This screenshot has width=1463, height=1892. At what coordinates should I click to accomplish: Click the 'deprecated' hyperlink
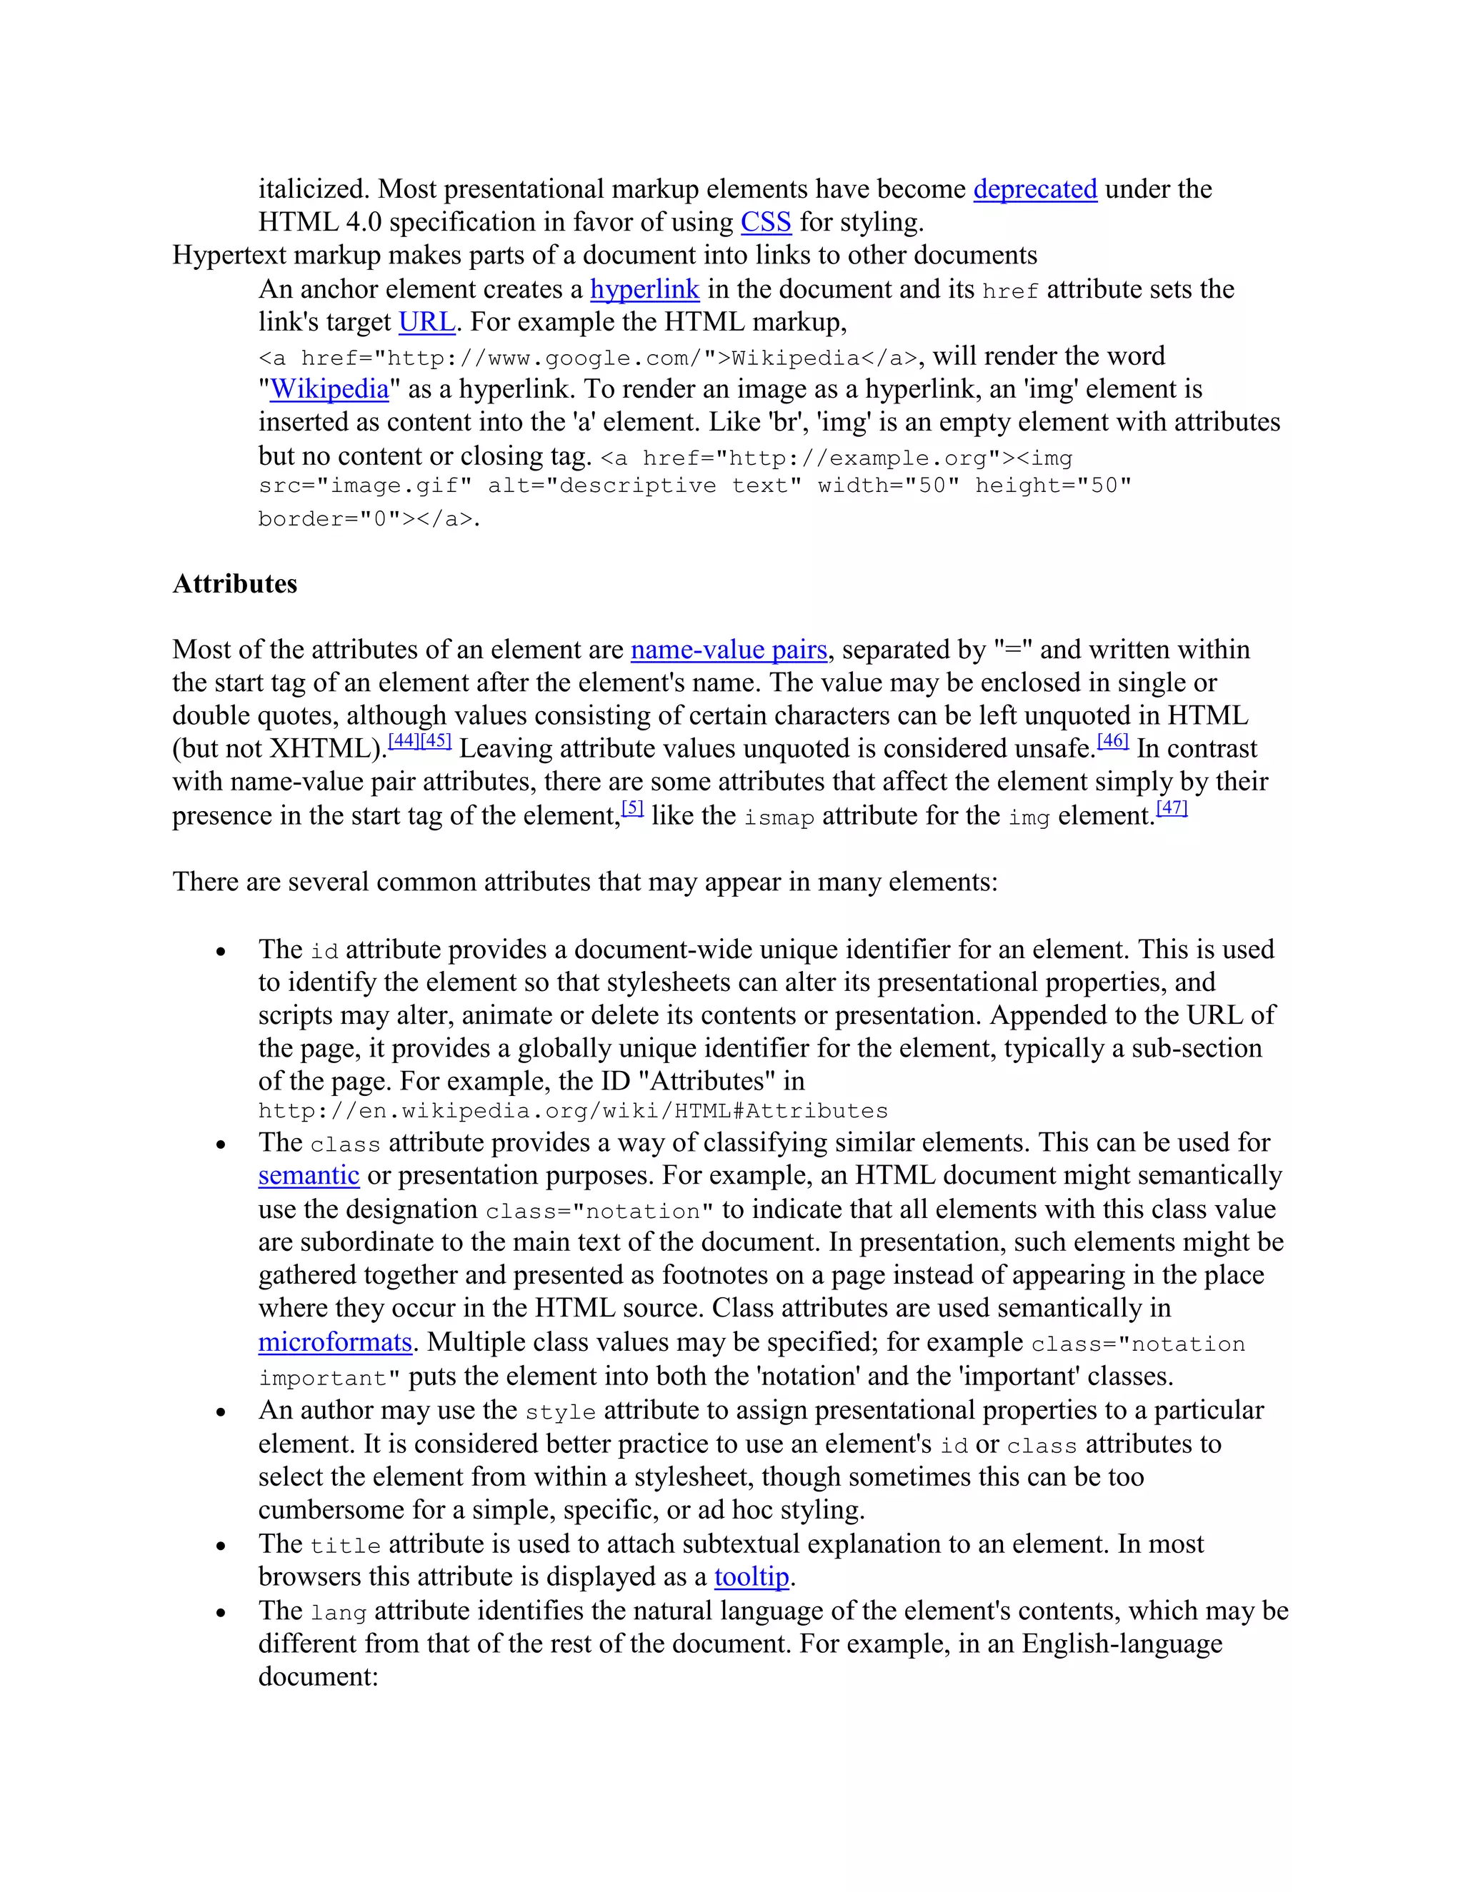1035,189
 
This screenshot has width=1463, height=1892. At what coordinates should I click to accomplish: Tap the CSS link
765,223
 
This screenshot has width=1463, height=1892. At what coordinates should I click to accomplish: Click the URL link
426,322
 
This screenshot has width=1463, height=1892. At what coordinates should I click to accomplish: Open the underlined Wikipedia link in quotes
329,389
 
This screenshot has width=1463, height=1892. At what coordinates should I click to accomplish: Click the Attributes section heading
235,584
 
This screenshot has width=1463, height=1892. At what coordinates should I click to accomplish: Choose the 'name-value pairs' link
729,650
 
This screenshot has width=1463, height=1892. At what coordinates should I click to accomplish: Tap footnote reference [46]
1113,742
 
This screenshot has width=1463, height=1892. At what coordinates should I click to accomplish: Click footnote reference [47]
1172,808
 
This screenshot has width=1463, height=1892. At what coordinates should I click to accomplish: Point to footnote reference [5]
633,808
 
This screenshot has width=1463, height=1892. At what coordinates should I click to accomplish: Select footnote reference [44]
404,742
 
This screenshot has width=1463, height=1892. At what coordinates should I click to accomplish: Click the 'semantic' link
309,1176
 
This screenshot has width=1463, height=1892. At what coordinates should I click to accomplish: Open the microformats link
334,1342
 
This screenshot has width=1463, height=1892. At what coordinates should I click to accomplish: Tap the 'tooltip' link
752,1576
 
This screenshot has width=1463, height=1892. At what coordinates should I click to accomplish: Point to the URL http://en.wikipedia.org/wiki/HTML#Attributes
573,1112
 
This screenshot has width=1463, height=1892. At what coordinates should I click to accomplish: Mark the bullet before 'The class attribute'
221,1145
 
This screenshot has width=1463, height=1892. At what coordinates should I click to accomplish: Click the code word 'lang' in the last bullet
338,1613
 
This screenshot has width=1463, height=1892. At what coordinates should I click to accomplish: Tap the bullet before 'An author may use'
221,1413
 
